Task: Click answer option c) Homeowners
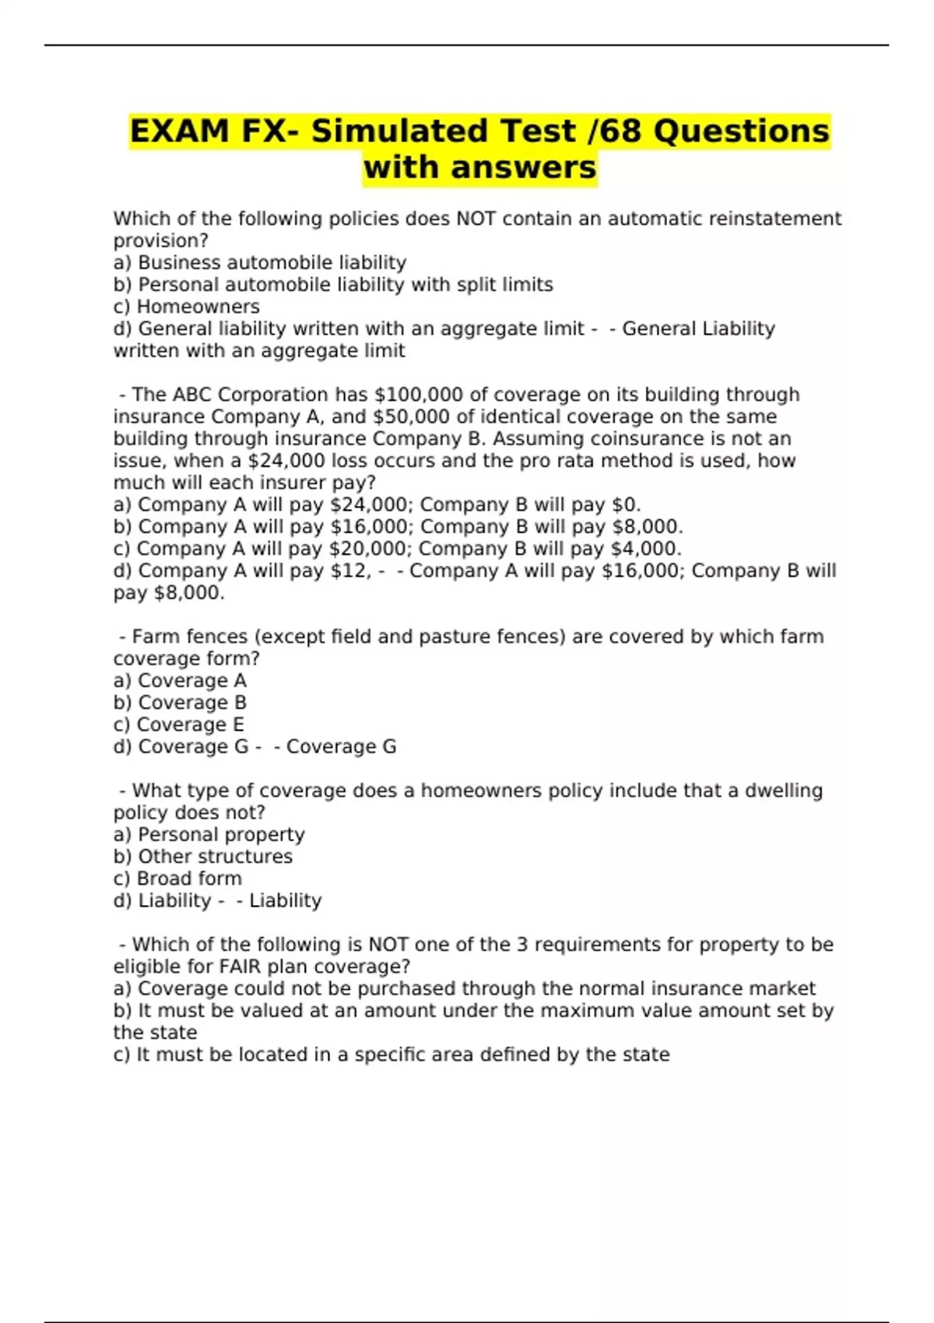(x=187, y=307)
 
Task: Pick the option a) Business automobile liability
(x=260, y=263)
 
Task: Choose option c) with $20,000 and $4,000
(x=397, y=549)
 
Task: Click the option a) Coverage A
(x=180, y=681)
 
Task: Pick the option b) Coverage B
(x=180, y=703)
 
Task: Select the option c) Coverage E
(x=179, y=725)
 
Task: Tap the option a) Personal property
(x=209, y=835)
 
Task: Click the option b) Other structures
(x=203, y=857)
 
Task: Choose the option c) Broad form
(x=177, y=879)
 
